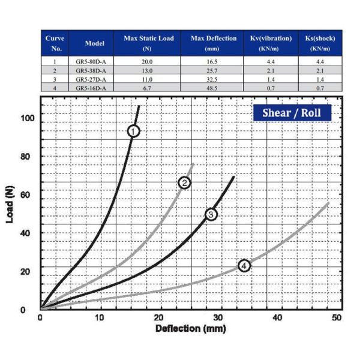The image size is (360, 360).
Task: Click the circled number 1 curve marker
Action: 134,130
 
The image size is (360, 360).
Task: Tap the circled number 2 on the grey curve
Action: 185,182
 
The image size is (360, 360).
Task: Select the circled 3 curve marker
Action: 211,214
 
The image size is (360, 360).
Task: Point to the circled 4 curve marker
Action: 244,265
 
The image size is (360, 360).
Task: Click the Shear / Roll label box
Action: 292,112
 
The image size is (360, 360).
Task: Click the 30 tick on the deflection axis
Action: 218,317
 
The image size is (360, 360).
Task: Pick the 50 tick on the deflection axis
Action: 337,317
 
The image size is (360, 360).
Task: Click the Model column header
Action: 95,43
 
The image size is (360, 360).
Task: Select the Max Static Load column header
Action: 148,43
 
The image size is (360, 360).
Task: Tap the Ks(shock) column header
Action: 321,43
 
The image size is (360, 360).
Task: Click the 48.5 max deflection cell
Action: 206,88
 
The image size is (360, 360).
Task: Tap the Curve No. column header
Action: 55,43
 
